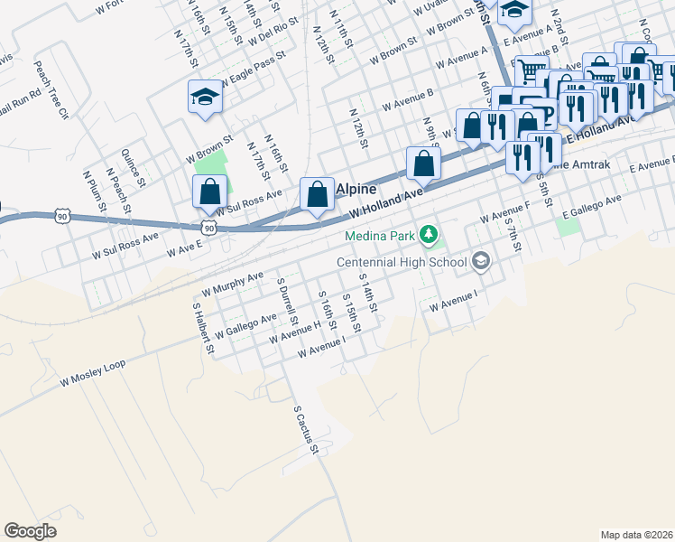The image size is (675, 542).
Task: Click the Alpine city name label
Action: tap(356, 191)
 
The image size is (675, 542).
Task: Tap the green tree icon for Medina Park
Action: tap(430, 237)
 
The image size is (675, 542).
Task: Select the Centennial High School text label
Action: tap(402, 262)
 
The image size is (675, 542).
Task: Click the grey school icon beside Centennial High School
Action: tap(481, 262)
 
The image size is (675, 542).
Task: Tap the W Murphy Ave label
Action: tap(233, 285)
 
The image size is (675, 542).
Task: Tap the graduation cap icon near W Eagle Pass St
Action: tap(205, 96)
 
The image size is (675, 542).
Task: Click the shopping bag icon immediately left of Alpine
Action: tap(317, 193)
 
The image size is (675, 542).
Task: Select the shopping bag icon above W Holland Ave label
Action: tap(423, 164)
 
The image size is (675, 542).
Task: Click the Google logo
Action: tap(30, 531)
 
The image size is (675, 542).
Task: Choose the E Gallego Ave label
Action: tap(592, 207)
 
